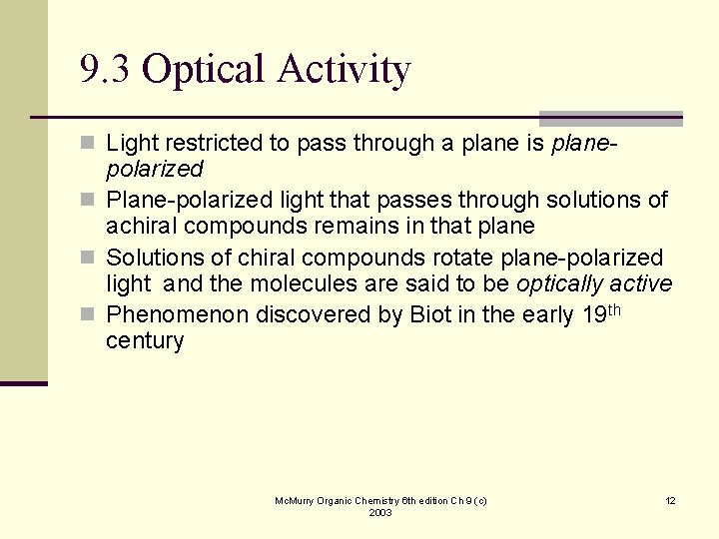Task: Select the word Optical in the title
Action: pos(205,71)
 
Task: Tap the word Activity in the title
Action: pos(345,71)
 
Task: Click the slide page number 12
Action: pos(670,500)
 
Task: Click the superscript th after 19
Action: pos(613,309)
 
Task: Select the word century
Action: pos(145,341)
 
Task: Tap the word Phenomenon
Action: pos(177,315)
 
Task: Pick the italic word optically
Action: pos(559,284)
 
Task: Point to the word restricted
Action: pos(208,144)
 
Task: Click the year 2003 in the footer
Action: pos(380,512)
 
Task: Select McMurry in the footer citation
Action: pos(297,500)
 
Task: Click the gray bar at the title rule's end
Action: pos(610,118)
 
